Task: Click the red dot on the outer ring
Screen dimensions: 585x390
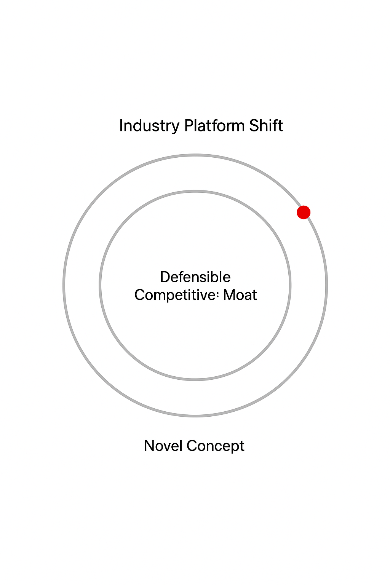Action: (304, 212)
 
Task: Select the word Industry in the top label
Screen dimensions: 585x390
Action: (149, 126)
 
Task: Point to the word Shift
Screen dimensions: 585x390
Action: (266, 126)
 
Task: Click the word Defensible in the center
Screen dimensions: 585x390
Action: (195, 277)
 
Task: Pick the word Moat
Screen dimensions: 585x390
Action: (240, 295)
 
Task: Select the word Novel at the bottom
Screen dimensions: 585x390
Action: (163, 446)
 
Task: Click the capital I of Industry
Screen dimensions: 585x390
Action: (121, 126)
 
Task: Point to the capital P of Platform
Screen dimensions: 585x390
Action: (188, 126)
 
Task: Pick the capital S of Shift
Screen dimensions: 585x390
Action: (254, 126)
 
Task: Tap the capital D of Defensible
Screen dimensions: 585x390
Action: (165, 277)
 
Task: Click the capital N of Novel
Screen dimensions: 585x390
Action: (149, 446)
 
